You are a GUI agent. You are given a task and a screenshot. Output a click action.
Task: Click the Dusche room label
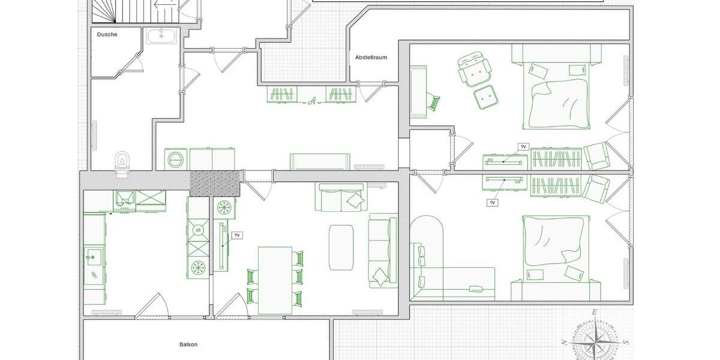pos(107,35)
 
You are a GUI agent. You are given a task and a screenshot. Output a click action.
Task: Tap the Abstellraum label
pos(371,58)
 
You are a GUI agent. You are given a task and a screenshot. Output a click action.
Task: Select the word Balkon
pos(188,344)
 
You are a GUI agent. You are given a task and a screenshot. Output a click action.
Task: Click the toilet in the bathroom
pos(122,161)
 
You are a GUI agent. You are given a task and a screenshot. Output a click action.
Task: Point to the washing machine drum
pos(176,160)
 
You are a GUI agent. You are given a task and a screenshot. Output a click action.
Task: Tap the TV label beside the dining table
pos(237,235)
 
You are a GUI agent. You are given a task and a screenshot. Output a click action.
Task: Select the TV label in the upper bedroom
pos(523,147)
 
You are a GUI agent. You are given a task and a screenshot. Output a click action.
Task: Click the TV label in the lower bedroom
pos(493,203)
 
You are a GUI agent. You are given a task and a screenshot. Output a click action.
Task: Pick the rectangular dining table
pos(275,280)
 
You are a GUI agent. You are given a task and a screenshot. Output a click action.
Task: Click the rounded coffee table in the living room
pos(341,247)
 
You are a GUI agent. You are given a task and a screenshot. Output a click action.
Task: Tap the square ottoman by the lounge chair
pos(486,97)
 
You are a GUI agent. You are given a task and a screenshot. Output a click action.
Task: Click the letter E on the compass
pos(594,312)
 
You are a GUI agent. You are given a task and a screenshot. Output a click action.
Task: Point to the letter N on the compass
pos(564,343)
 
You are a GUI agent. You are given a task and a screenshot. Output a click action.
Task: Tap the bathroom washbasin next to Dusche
pos(161,35)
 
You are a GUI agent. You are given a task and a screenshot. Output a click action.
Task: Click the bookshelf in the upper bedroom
pos(556,159)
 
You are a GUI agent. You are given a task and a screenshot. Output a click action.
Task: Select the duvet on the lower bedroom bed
pos(554,240)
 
